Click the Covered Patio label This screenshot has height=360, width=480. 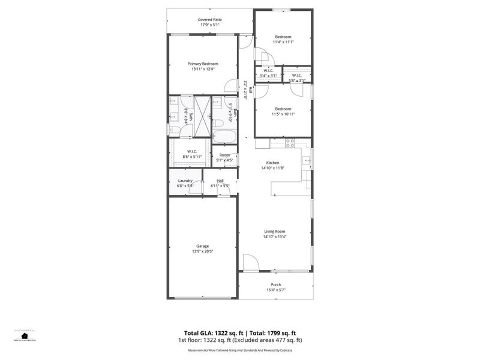pos(210,20)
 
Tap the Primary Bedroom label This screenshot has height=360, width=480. pos(203,64)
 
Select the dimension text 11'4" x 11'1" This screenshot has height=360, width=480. pos(283,42)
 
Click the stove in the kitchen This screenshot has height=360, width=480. pos(290,143)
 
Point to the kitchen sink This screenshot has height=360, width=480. pos(306,160)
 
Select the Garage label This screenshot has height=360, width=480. pos(203,246)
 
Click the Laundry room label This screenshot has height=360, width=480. pos(185,181)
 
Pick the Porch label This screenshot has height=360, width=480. pos(276,284)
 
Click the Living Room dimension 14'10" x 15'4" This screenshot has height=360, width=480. pos(275,236)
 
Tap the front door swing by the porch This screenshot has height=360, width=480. pos(250,262)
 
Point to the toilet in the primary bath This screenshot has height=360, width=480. pos(173,127)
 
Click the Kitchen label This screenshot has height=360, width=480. pos(273,163)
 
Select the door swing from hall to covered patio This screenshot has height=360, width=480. pos(245,42)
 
